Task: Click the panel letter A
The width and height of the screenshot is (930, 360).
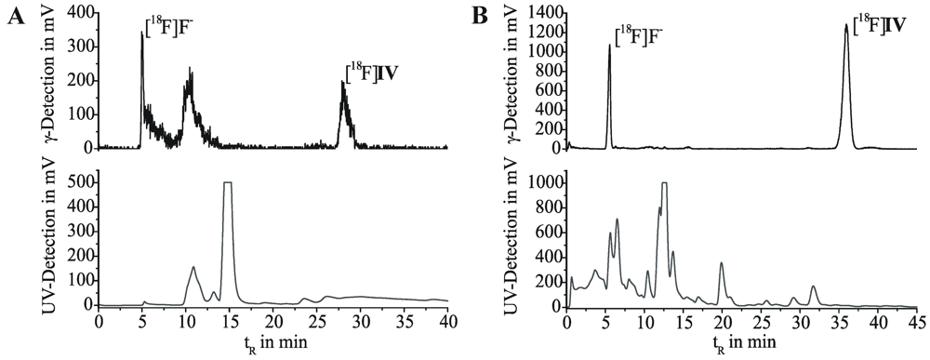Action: coord(13,16)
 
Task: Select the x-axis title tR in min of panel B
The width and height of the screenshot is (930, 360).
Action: coord(741,342)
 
